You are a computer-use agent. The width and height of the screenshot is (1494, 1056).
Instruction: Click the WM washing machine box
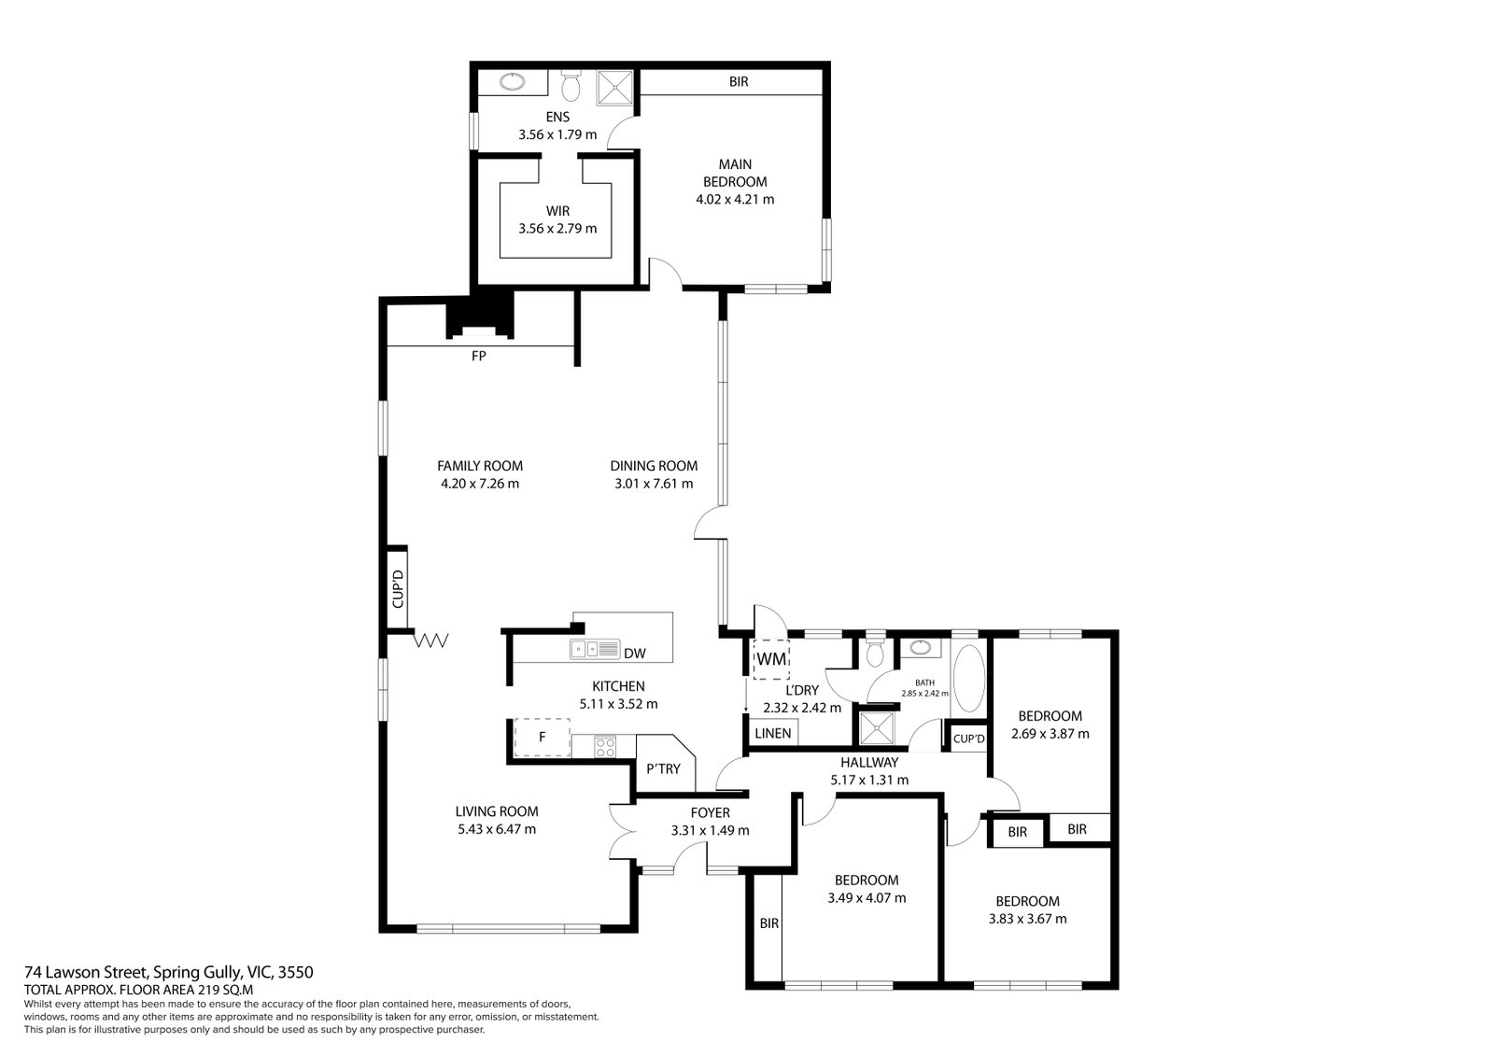coord(771,660)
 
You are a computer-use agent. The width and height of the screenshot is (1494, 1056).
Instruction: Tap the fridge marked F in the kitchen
coord(543,737)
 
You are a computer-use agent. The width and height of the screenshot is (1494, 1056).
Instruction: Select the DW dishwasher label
coord(634,653)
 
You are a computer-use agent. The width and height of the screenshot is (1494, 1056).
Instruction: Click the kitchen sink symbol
coord(595,649)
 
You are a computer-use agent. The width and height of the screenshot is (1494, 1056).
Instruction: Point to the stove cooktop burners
coord(605,746)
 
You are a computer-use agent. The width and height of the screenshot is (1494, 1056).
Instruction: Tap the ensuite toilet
coord(571,85)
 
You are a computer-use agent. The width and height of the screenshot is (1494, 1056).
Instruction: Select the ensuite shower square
coord(613,88)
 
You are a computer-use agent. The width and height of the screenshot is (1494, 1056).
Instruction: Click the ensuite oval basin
coord(513,82)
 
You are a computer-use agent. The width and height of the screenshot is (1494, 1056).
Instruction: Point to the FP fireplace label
coord(478,357)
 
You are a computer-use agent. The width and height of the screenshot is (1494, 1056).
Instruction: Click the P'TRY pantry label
coord(663,768)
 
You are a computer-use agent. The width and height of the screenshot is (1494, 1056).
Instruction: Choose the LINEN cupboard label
coord(773,733)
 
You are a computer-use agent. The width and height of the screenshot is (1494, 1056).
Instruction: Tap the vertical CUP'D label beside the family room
coord(398,588)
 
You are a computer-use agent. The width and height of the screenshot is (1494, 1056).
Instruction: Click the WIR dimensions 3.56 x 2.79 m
coord(557,228)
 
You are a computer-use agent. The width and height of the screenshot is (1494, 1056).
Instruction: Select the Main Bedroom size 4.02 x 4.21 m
coord(735,199)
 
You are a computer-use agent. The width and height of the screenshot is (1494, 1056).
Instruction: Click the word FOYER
coord(710,812)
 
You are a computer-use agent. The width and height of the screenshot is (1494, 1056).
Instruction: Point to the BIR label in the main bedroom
coord(739,81)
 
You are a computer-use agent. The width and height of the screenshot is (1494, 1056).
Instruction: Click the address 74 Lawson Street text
coord(85,972)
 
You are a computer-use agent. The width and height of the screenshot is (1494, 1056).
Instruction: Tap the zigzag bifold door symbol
coord(430,641)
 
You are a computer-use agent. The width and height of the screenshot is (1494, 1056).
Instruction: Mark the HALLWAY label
coord(869,762)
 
